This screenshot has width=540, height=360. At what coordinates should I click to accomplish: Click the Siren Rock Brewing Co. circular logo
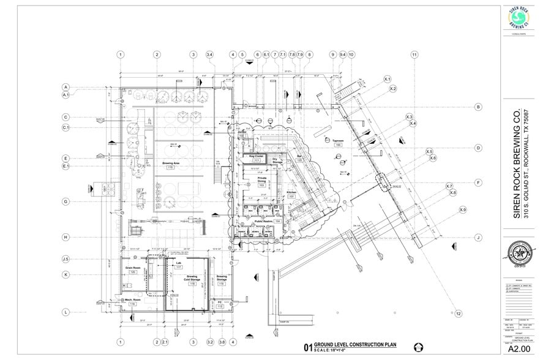tap(518, 18)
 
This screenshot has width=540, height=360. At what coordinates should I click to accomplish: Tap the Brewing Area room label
tap(170, 163)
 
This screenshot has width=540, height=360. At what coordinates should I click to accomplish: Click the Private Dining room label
tap(261, 181)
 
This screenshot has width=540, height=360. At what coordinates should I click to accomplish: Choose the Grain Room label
tap(133, 269)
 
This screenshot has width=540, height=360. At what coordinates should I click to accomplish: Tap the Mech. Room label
tap(133, 301)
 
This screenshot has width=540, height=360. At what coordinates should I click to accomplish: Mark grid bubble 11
tap(414, 55)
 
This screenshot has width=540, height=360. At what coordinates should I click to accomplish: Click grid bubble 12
tap(457, 314)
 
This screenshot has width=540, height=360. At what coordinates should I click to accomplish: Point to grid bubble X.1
tap(387, 80)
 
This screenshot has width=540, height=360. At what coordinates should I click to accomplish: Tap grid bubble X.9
tap(463, 210)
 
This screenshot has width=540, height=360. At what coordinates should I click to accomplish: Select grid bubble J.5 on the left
tap(66, 260)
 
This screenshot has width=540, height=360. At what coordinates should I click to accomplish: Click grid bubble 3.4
tap(209, 55)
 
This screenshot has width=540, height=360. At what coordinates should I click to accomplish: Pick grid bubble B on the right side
tap(478, 107)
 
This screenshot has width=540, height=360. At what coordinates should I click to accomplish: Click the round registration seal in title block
tap(517, 252)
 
